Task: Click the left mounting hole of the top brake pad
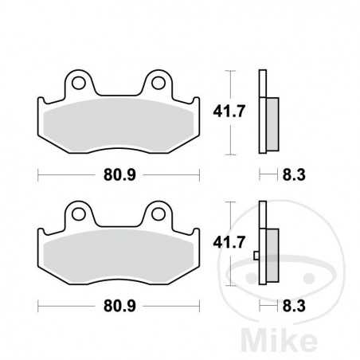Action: (77, 82)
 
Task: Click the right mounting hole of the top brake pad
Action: (158, 82)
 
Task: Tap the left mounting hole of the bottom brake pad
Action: (77, 213)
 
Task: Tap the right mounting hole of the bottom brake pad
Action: (158, 213)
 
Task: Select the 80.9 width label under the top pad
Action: (118, 172)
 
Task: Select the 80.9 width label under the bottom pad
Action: (118, 303)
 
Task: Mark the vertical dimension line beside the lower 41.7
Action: (231, 243)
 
